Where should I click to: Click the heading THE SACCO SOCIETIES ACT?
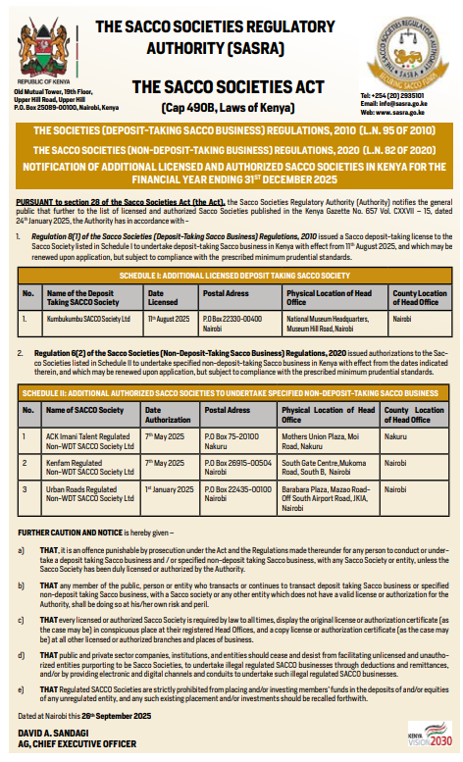[215, 88]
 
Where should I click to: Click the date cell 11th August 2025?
[167, 319]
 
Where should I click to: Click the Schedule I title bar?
[231, 278]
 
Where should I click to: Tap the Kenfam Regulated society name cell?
[89, 464]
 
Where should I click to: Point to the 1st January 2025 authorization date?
[167, 486]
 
